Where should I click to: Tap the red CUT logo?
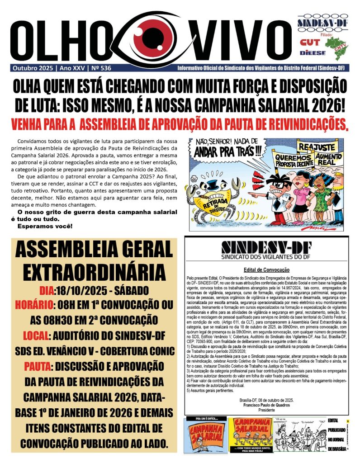[x=309, y=42]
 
